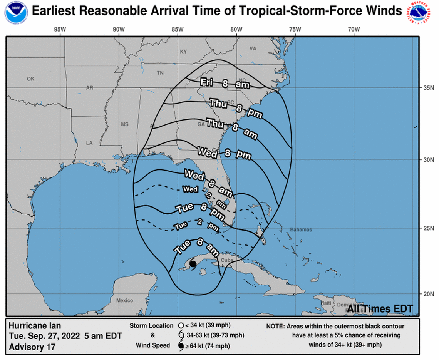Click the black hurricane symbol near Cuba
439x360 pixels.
click(x=193, y=264)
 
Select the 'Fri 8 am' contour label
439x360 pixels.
click(x=225, y=83)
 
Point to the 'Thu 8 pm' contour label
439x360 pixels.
click(x=235, y=109)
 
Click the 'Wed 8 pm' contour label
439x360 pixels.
click(x=224, y=153)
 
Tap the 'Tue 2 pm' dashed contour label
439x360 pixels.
click(x=196, y=227)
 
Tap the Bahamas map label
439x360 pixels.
click(x=301, y=230)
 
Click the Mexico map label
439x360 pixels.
click(x=124, y=300)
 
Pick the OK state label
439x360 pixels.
click(x=31, y=79)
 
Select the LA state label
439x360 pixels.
click(x=89, y=143)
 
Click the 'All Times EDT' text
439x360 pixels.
click(x=380, y=309)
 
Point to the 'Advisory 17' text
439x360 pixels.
click(x=32, y=347)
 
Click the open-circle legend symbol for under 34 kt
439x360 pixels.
click(x=181, y=326)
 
